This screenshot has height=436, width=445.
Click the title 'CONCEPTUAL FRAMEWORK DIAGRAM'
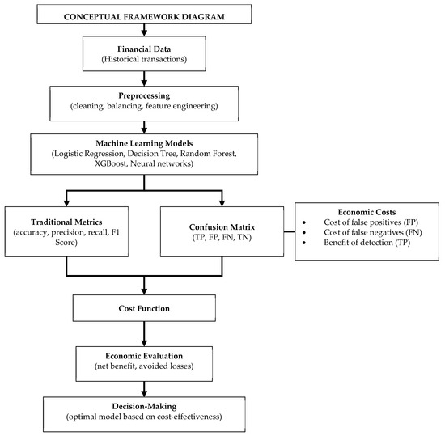(144, 17)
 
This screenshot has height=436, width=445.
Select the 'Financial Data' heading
(144, 49)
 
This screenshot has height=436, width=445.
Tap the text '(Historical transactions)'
(144, 59)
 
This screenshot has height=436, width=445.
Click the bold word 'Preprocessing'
(144, 96)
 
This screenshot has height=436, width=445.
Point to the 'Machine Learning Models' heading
(144, 143)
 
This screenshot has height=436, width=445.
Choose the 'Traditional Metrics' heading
(66, 222)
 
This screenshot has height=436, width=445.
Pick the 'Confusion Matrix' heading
(222, 227)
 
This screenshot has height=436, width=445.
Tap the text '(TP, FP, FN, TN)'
(222, 237)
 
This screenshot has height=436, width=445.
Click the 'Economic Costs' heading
(367, 212)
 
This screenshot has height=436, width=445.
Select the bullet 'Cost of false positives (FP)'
(371, 222)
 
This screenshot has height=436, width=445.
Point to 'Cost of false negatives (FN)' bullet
(373, 233)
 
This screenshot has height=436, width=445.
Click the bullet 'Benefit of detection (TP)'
(367, 243)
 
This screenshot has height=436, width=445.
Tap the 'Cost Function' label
(144, 309)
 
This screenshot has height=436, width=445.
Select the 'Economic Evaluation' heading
(144, 356)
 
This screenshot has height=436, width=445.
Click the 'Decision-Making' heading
(144, 407)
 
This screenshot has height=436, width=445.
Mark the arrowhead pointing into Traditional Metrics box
(66, 203)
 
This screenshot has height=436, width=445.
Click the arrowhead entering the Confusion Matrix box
(222, 203)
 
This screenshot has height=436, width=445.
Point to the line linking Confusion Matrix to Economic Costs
(289, 232)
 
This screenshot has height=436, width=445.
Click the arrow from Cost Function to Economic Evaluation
(144, 333)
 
